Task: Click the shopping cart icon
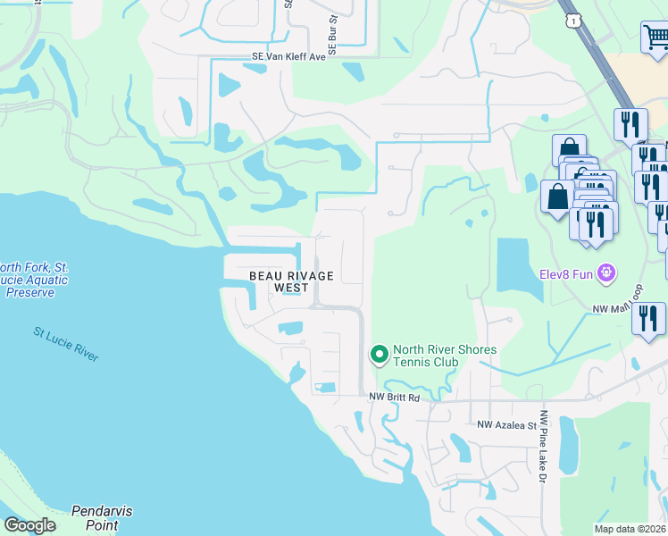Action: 655,38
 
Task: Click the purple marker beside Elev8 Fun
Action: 607,272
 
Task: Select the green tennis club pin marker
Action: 380,355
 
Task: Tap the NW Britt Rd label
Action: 394,397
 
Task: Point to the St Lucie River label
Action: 66,344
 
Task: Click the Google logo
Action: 29,524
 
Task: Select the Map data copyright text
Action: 630,529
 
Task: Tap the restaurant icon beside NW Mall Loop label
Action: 648,320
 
